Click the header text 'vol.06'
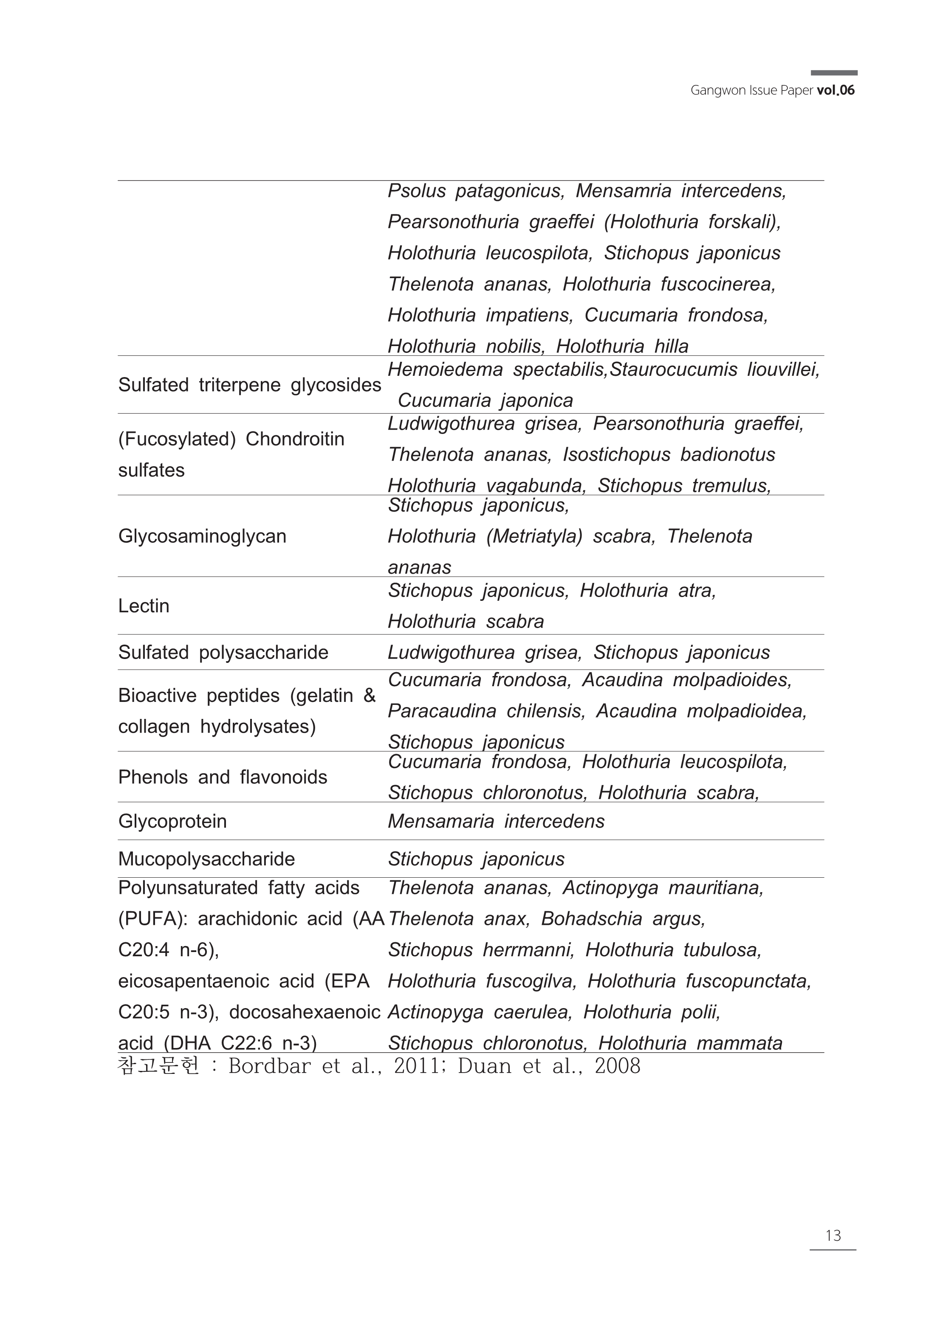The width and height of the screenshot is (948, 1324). tap(835, 90)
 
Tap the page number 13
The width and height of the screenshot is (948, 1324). tap(833, 1235)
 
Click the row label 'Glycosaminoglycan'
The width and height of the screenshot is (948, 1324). tap(202, 536)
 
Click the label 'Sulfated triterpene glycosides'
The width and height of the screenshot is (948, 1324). tap(249, 385)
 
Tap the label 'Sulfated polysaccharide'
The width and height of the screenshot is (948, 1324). tap(223, 652)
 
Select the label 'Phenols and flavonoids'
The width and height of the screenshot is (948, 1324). tap(223, 777)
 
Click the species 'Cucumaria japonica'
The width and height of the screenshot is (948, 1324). tap(485, 401)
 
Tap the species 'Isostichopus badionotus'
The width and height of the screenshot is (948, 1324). tap(669, 454)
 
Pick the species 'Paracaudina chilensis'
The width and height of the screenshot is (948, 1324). tap(485, 711)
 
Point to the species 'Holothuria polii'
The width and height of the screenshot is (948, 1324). tap(652, 1012)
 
